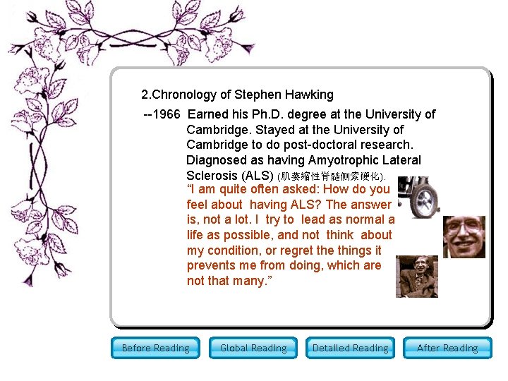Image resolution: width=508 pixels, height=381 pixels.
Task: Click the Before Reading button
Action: [155, 348]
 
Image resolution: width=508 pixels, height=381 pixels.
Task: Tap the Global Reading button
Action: [253, 348]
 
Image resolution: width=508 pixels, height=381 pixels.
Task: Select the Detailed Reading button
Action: [350, 348]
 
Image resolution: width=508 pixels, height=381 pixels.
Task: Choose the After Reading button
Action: [447, 348]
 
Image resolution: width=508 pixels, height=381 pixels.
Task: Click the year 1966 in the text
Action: [167, 114]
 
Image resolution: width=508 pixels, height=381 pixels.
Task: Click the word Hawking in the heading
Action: [309, 95]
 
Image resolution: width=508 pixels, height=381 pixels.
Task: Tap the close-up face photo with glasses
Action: [464, 236]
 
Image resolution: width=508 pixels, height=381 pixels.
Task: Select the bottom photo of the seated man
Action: [417, 276]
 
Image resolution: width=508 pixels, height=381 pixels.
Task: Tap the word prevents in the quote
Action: [212, 266]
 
